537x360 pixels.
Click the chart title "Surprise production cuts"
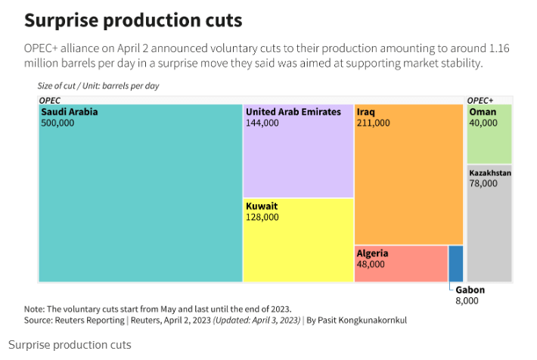point(133,20)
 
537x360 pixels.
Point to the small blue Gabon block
point(456,264)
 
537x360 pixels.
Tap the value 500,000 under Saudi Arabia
point(57,123)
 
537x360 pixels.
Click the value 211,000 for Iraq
point(374,123)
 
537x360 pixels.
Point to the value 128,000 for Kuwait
point(262,217)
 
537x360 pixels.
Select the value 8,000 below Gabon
point(467,300)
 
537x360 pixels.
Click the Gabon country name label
point(470,290)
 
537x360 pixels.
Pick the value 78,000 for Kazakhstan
point(483,183)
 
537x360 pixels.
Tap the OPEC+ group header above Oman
point(480,100)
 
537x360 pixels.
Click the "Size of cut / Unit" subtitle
point(98,86)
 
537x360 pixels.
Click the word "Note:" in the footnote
point(35,309)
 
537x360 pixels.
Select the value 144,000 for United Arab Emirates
point(262,123)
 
